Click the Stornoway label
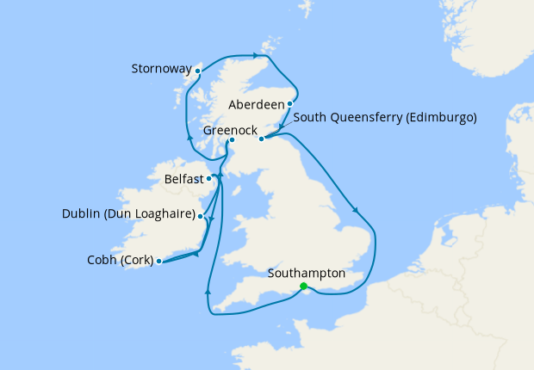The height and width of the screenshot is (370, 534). point(159,69)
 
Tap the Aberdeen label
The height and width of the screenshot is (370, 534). point(256,104)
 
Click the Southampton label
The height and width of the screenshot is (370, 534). point(306,274)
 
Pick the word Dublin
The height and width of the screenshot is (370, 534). point(81,213)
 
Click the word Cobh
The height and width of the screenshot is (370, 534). point(102,260)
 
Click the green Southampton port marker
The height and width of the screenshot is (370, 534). point(303,287)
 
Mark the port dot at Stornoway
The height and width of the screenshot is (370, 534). point(196,71)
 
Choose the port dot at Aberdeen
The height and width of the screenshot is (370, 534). point(290,104)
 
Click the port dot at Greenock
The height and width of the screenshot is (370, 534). point(232,140)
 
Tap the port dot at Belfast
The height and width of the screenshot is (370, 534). point(209,179)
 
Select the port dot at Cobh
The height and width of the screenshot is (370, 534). point(159,261)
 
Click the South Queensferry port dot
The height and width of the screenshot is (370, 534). point(261,138)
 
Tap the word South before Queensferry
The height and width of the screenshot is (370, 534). point(309,117)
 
